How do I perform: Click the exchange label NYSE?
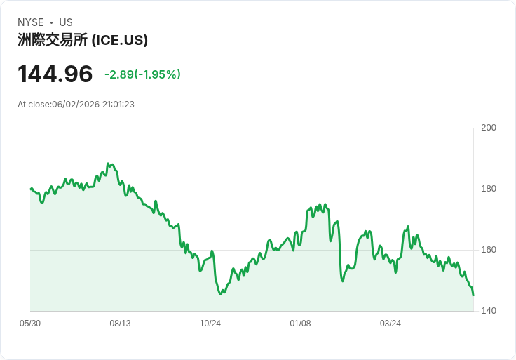[x=31, y=22]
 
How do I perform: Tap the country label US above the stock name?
[x=66, y=22]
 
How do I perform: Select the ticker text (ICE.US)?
[x=119, y=40]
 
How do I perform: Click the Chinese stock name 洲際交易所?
[x=53, y=40]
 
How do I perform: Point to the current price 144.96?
[x=55, y=74]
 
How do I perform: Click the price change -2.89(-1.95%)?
[x=142, y=74]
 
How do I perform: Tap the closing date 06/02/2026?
[x=76, y=105]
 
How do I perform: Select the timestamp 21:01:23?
[x=118, y=105]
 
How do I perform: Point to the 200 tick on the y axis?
[x=489, y=128]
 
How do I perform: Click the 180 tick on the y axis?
[x=489, y=189]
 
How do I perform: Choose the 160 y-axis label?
[x=489, y=250]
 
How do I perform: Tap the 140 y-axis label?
[x=489, y=311]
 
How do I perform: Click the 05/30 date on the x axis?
[x=30, y=324]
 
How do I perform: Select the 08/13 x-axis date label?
[x=120, y=324]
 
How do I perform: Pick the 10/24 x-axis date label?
[x=210, y=324]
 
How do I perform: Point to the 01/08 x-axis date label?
[x=300, y=324]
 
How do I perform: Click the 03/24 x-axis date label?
[x=391, y=324]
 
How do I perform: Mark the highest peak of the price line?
[x=108, y=164]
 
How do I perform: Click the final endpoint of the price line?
[x=473, y=295]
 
